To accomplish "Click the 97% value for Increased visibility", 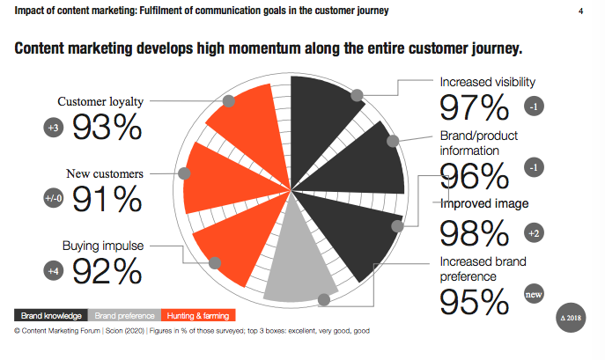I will pos(475,107).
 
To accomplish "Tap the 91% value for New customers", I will pos(107,200).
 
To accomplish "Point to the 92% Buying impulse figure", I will pos(107,270).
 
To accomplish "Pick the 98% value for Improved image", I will pos(475,233).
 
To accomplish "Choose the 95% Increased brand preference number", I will pos(475,303).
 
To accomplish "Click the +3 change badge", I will pos(51,129).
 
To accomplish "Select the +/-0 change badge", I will pos(51,199).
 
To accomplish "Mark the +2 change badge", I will pos(534,233).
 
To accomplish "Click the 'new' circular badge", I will pos(534,295).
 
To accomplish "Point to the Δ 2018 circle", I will pos(572,316).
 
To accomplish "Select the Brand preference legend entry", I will pos(124,315).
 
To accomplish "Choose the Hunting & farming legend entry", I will pos(198,315).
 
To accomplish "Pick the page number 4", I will pos(580,11).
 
